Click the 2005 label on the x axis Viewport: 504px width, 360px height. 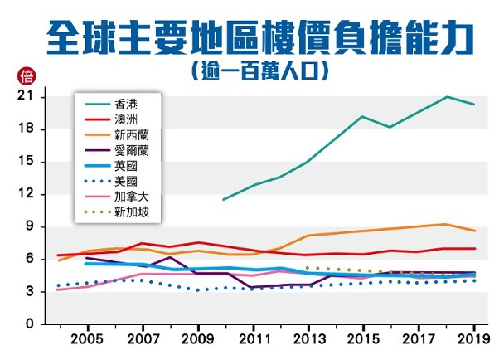pyautogui.click(x=87, y=341)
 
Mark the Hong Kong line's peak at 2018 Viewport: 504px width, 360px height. pyautogui.click(x=447, y=97)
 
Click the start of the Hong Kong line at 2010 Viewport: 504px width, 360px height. pyautogui.click(x=224, y=199)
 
